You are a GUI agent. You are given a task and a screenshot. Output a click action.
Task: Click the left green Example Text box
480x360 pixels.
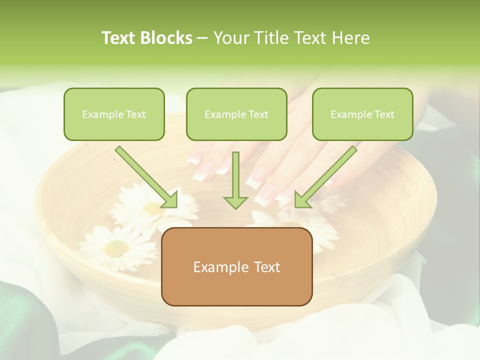point(114,114)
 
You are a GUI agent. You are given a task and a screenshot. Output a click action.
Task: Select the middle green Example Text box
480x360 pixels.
point(236,114)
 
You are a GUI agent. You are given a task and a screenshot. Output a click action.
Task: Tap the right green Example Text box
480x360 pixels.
point(362,114)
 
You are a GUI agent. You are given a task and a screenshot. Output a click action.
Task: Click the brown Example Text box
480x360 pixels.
point(236,266)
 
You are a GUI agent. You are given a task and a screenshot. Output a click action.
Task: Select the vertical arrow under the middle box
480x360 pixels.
point(235,180)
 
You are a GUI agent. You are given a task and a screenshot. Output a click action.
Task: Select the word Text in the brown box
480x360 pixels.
point(266,267)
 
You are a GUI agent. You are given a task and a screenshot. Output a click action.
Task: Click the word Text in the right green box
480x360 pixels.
point(384,114)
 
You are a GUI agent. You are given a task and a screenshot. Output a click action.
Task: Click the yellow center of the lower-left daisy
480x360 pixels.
point(117,246)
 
